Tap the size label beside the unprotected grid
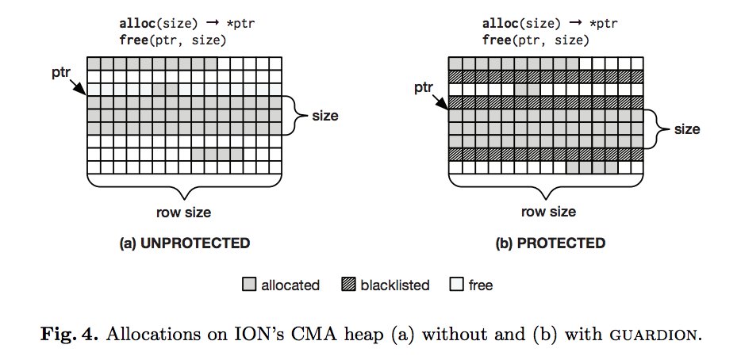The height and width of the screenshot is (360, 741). tap(324, 116)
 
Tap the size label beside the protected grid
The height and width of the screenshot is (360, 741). tap(688, 128)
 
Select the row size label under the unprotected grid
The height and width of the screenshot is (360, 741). tap(184, 212)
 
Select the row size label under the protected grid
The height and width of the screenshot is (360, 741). tap(548, 212)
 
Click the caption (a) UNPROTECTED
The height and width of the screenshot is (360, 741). tap(184, 243)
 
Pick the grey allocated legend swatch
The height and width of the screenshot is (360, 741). tap(248, 285)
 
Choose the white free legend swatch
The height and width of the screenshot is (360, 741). tap(456, 285)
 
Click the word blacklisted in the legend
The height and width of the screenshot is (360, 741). tap(394, 285)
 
